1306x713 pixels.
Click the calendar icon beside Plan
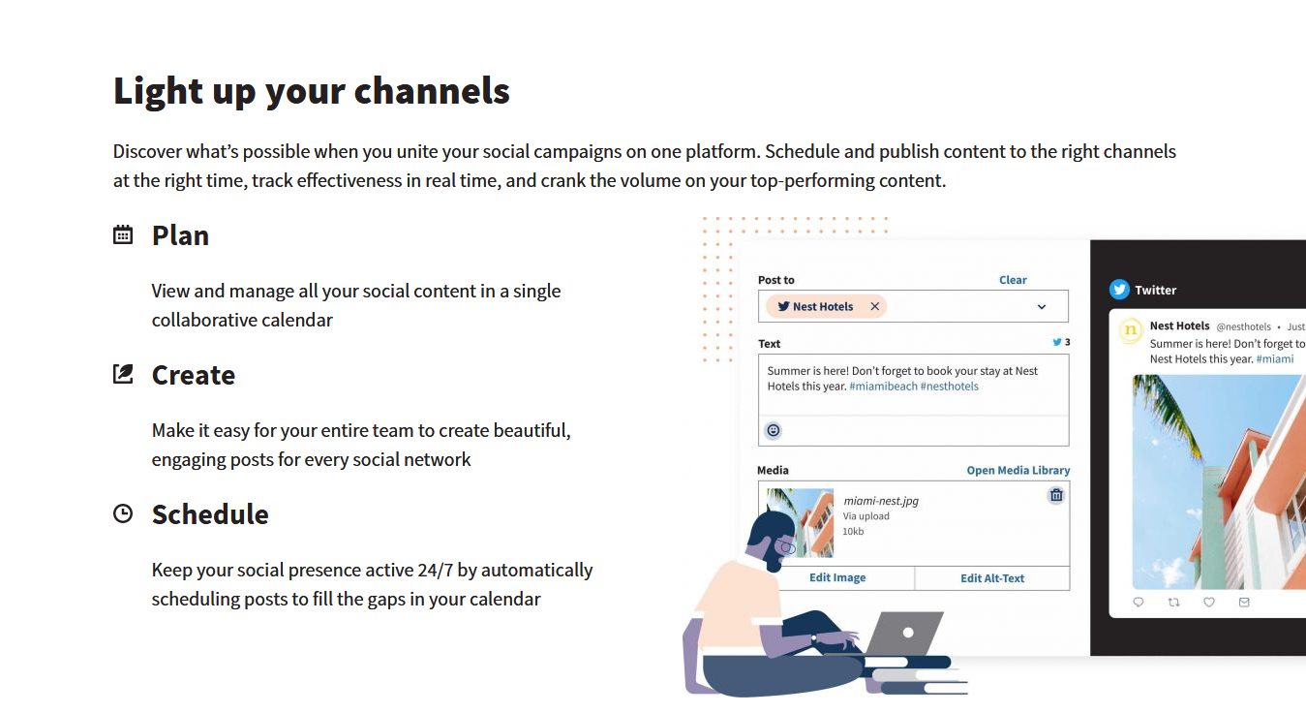(122, 234)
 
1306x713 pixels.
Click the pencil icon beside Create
(122, 374)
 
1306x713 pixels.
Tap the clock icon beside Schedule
(122, 513)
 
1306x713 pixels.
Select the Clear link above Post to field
(1013, 280)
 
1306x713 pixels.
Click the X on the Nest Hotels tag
(874, 306)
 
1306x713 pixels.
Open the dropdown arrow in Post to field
(1042, 307)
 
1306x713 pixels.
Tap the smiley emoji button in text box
(774, 430)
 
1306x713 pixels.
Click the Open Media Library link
(1017, 470)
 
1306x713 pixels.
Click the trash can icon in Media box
(1056, 495)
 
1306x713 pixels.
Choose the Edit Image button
(837, 577)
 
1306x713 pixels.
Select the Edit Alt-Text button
(992, 578)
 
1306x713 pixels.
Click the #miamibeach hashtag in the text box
(883, 387)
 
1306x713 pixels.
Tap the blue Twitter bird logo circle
(1119, 290)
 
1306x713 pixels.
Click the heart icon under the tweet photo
(1209, 602)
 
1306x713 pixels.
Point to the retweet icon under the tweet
(1173, 602)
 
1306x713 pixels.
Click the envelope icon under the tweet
(1244, 602)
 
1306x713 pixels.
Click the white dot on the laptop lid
(908, 633)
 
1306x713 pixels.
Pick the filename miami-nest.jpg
(881, 501)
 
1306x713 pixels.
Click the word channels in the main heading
(432, 91)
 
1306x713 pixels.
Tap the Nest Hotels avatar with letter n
(1131, 330)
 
